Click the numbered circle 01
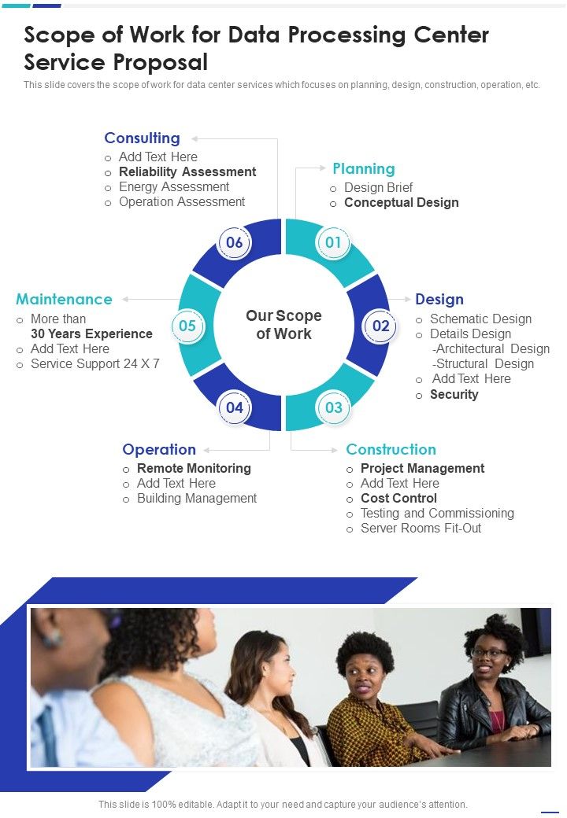[333, 242]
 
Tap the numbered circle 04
[235, 407]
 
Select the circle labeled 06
[235, 242]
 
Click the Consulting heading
[142, 138]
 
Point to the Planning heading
[363, 168]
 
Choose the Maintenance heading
[64, 299]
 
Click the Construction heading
[391, 449]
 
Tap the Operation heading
[158, 449]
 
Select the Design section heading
[439, 299]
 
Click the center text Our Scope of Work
[283, 325]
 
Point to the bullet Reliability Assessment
[187, 171]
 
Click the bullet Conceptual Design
[401, 202]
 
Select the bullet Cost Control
[398, 498]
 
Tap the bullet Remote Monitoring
[194, 468]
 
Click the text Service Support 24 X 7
[94, 363]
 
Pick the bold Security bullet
[454, 394]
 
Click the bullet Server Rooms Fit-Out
[421, 528]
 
